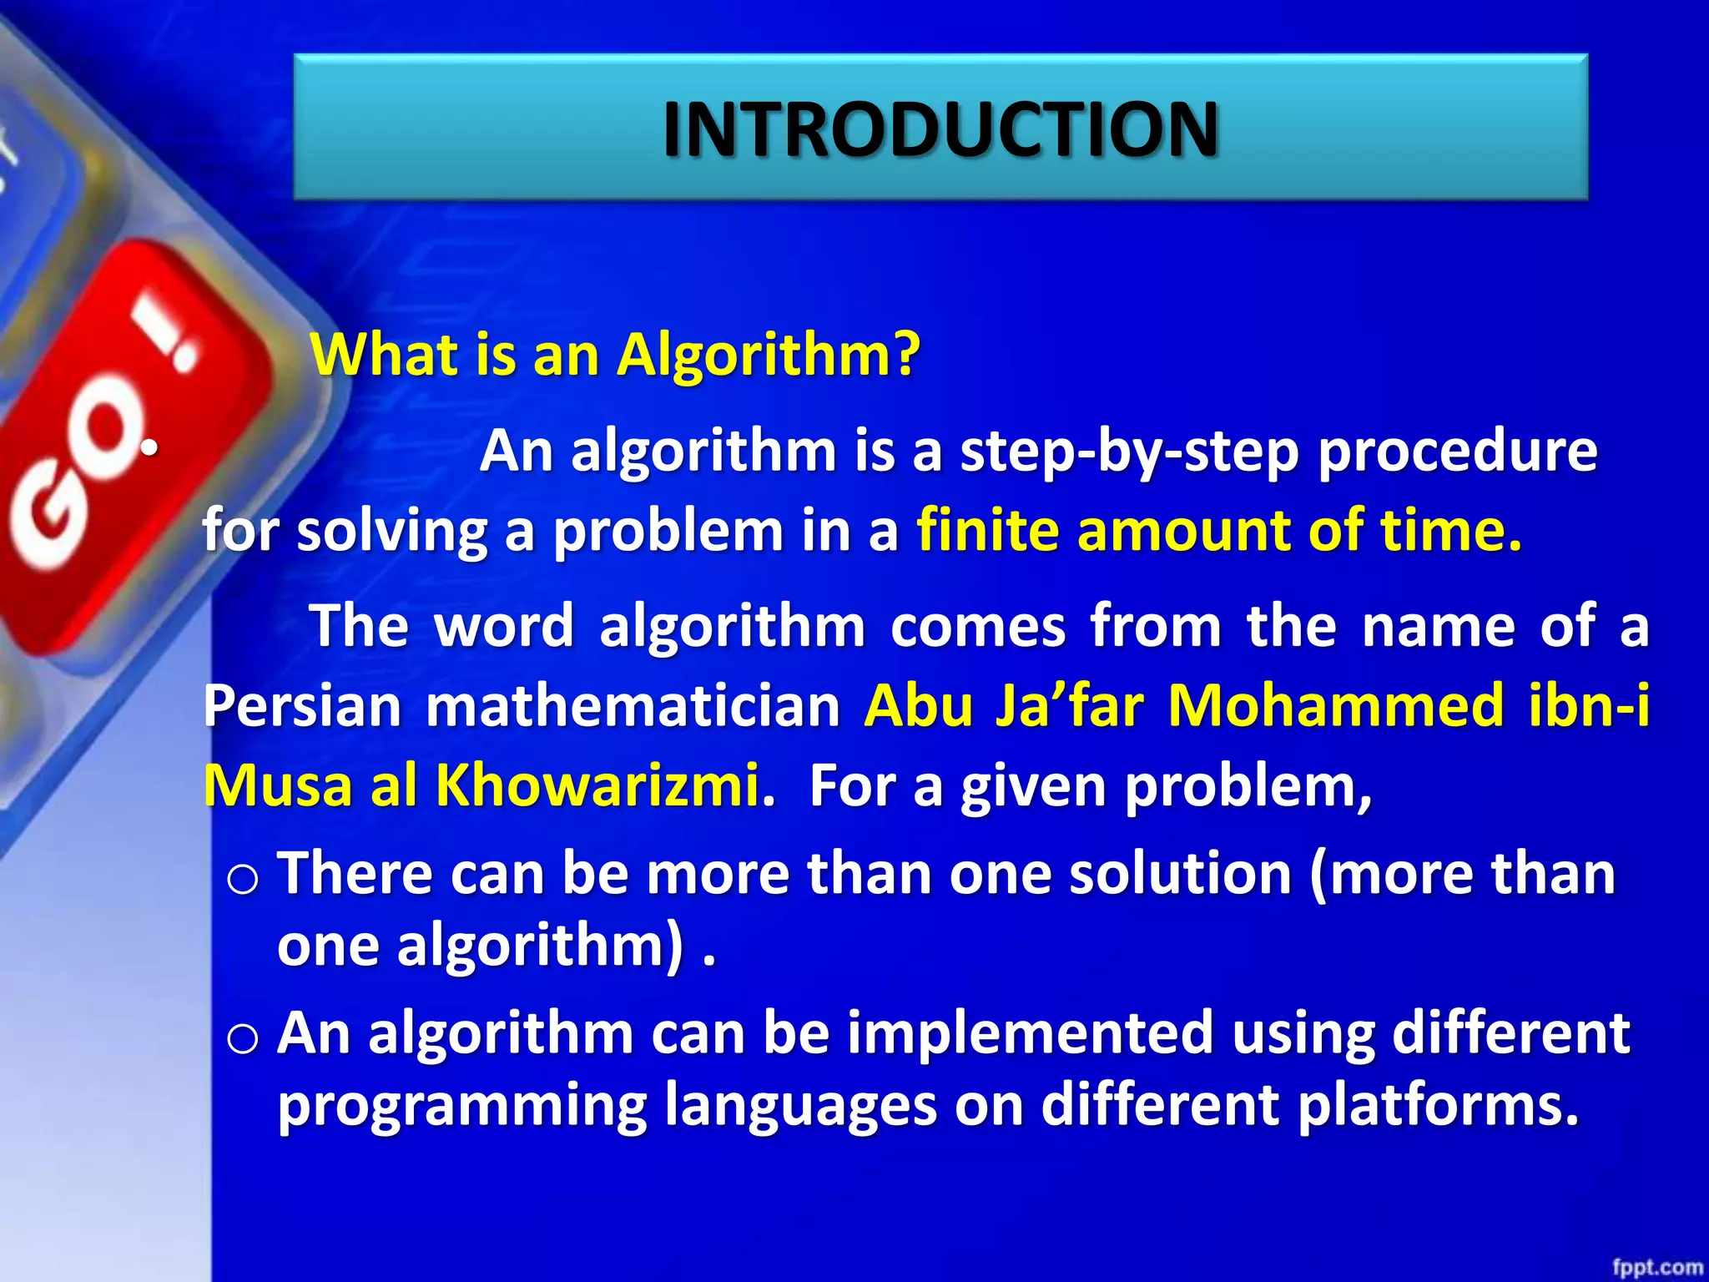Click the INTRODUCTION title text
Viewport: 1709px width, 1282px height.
click(940, 129)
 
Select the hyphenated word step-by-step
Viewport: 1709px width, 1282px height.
click(1129, 452)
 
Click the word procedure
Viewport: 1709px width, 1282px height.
click(1457, 452)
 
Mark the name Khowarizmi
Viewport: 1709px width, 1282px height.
click(597, 785)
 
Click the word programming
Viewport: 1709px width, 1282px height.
click(462, 1107)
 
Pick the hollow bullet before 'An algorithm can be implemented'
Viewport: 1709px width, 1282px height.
click(243, 1039)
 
